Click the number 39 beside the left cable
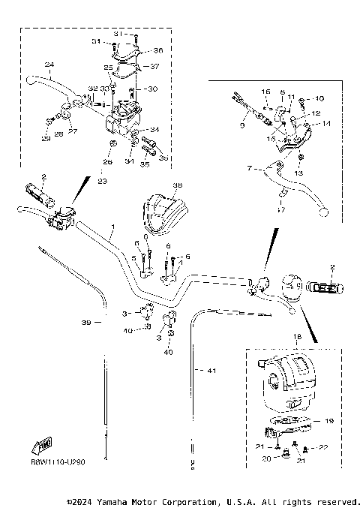[x=86, y=323]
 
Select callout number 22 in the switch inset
[x=324, y=447]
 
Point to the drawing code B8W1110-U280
[x=58, y=463]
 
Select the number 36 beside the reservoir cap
[x=157, y=51]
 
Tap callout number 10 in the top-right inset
[x=319, y=98]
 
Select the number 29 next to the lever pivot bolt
[x=46, y=139]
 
